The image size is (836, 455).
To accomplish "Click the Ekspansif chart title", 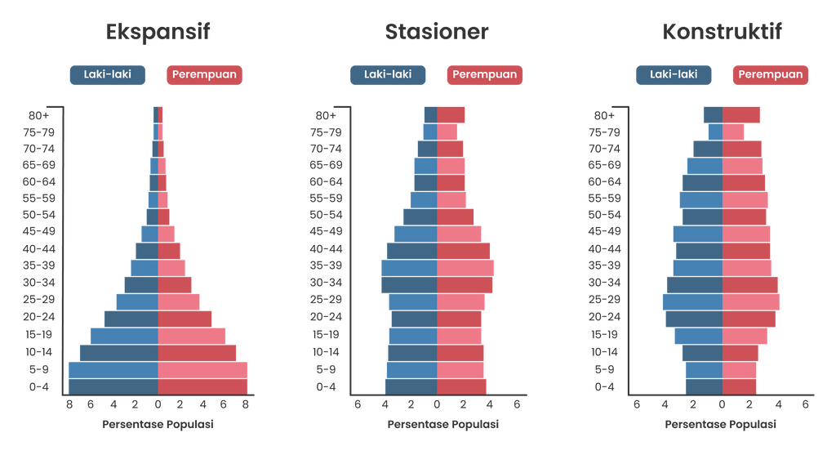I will pyautogui.click(x=158, y=33).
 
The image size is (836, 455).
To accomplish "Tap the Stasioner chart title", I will pyautogui.click(x=437, y=33).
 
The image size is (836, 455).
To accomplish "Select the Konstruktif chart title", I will pyautogui.click(x=723, y=33).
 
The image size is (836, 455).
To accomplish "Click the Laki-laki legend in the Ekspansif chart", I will pyautogui.click(x=107, y=75).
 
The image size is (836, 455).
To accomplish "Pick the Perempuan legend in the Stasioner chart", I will pyautogui.click(x=485, y=75).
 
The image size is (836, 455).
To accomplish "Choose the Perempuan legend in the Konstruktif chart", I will pyautogui.click(x=771, y=75).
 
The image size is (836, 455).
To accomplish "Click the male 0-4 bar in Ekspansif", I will pyautogui.click(x=113, y=386).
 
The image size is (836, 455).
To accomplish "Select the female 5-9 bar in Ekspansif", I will pyautogui.click(x=202, y=370).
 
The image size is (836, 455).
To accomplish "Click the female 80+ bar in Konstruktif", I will pyautogui.click(x=741, y=114).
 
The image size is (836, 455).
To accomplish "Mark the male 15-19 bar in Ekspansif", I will pyautogui.click(x=124, y=336).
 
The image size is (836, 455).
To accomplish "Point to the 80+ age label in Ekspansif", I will pyautogui.click(x=38, y=116).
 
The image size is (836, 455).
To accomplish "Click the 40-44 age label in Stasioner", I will pyautogui.click(x=326, y=249).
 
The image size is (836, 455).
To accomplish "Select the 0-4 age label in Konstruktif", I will pyautogui.click(x=604, y=386).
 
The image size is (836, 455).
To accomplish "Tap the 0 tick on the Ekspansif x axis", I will pyautogui.click(x=158, y=404).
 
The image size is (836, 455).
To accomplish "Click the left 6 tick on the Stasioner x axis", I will pyautogui.click(x=357, y=404).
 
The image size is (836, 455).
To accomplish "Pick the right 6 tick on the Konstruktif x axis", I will pyautogui.click(x=805, y=404).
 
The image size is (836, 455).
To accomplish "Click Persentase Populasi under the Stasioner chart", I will pyautogui.click(x=442, y=425).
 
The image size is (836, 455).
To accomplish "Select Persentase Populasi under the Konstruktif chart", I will pyautogui.click(x=721, y=425).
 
